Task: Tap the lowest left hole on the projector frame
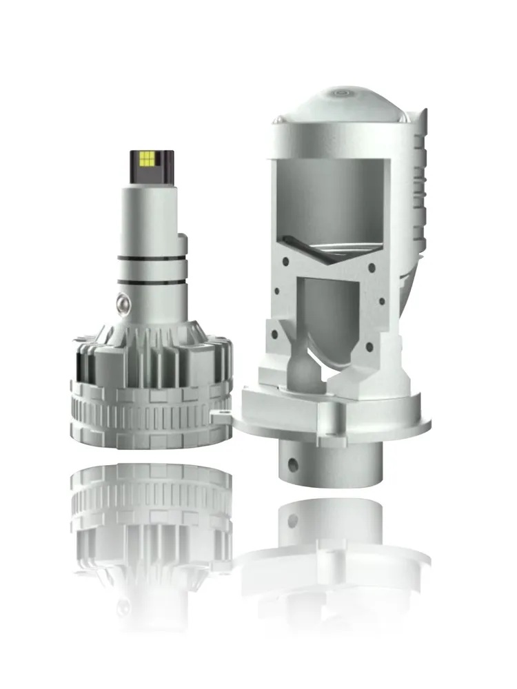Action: [x=274, y=335]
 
